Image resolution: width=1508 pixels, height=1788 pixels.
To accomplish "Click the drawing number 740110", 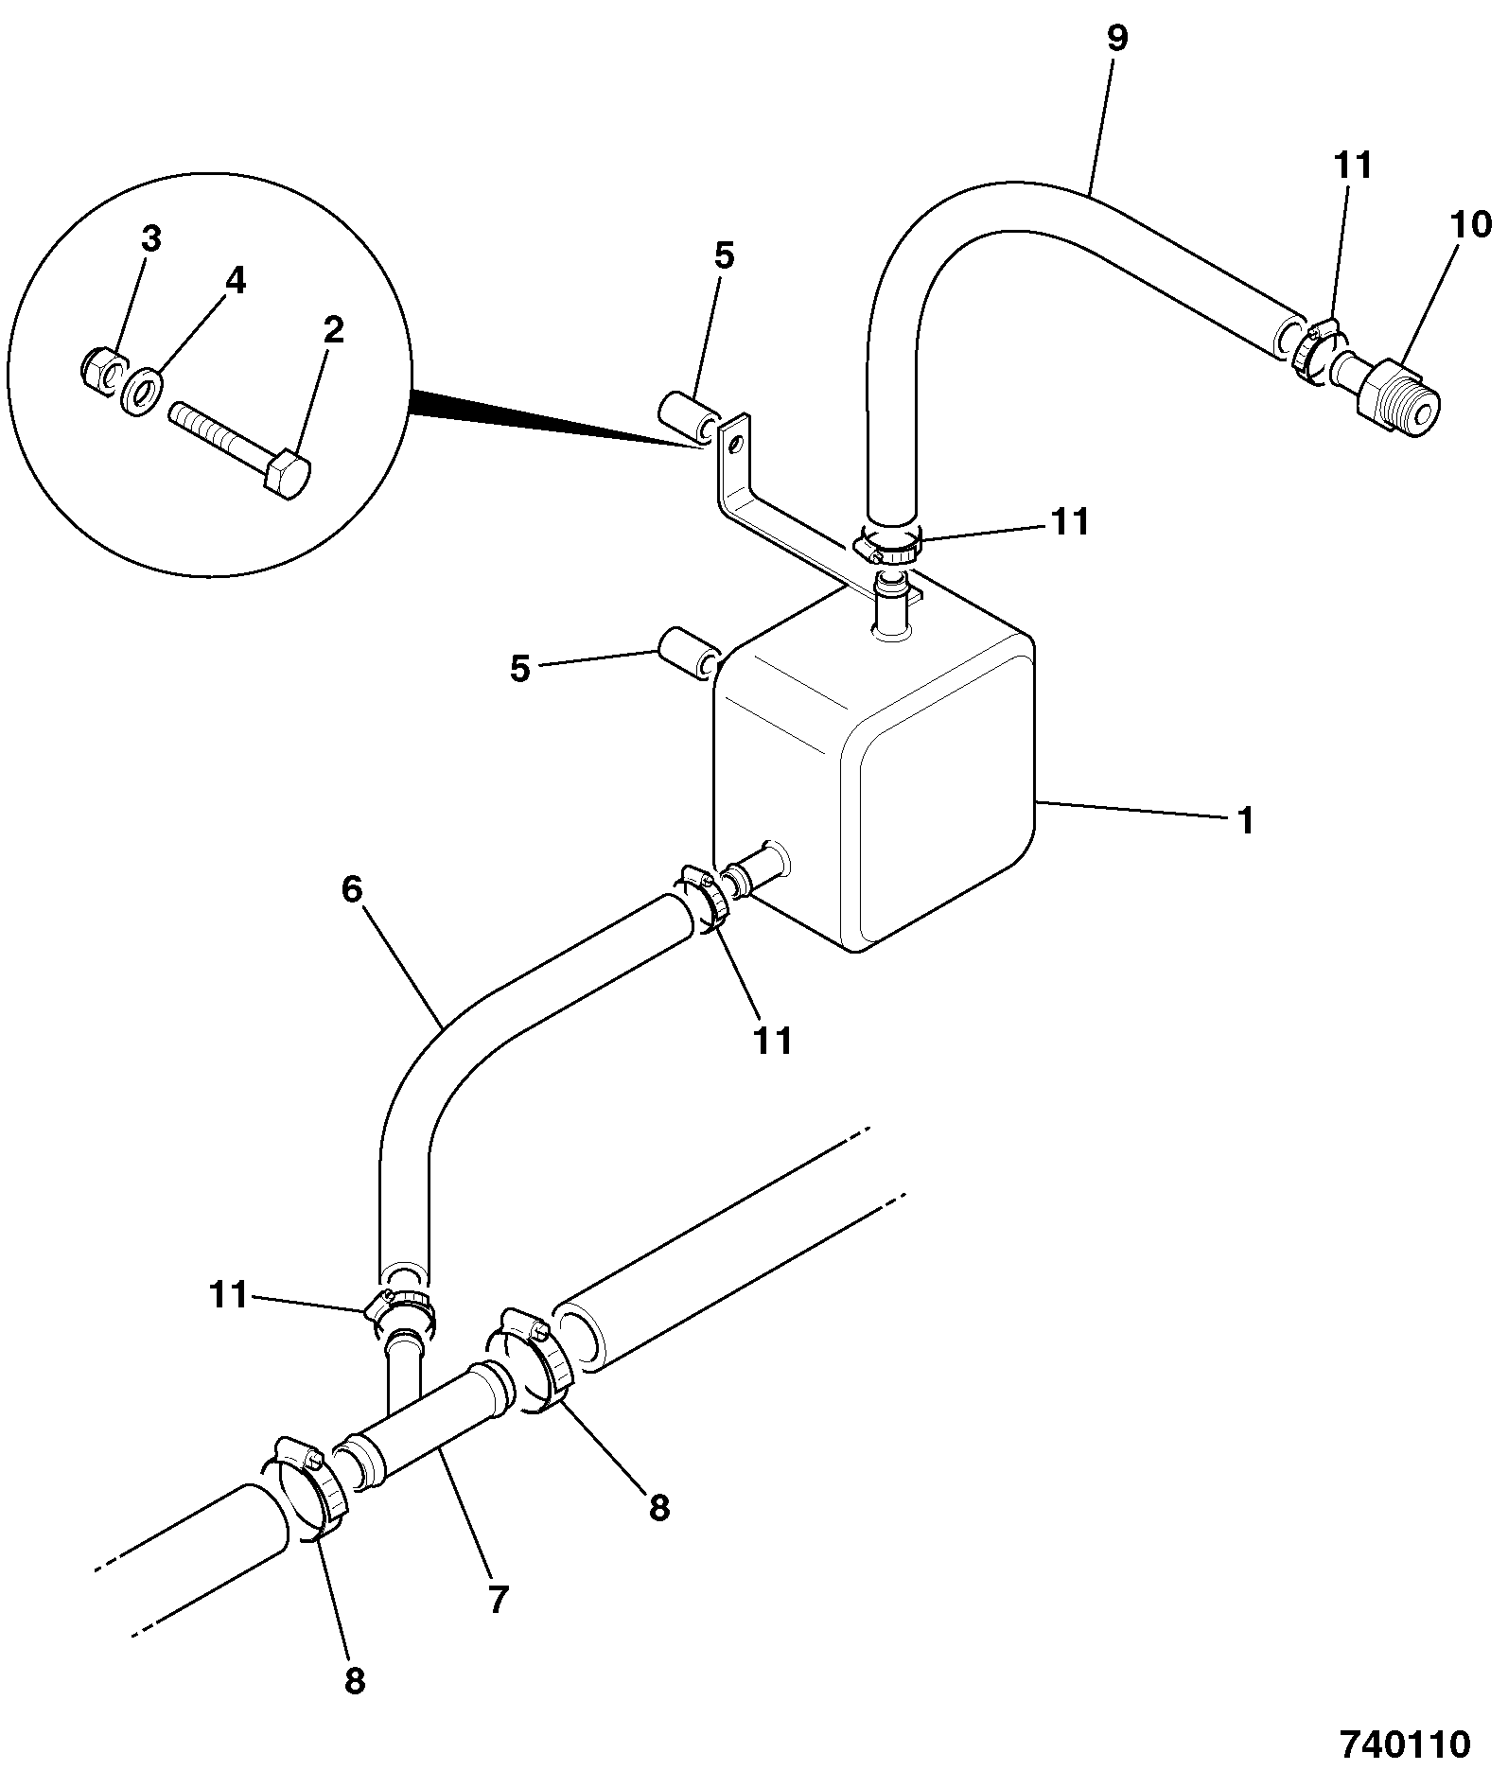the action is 1404,1744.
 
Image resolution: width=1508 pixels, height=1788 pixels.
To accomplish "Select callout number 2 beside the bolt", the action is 332,331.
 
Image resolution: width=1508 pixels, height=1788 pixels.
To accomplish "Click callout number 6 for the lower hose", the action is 352,890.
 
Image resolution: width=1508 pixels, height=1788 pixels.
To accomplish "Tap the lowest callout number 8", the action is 354,1680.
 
